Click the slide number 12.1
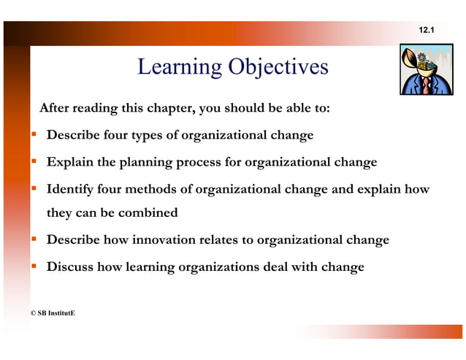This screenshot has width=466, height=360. coord(426,29)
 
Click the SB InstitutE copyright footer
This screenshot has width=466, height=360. coord(52,313)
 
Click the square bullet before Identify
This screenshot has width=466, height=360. coord(34,189)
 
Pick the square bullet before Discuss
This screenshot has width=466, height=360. coord(34,266)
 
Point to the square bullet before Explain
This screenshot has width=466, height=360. coord(34,161)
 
